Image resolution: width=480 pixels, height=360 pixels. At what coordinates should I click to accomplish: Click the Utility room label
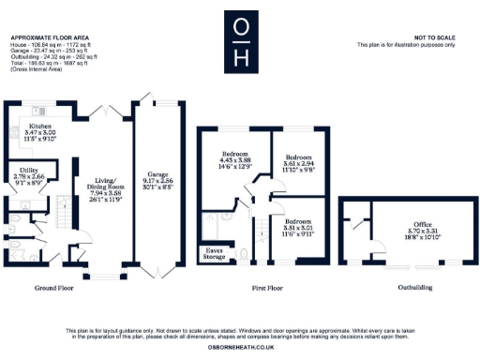(x=27, y=169)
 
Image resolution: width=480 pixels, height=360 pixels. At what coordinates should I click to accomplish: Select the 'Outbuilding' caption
(x=414, y=287)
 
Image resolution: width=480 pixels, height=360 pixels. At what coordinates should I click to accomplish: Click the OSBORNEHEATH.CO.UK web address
(x=239, y=347)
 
